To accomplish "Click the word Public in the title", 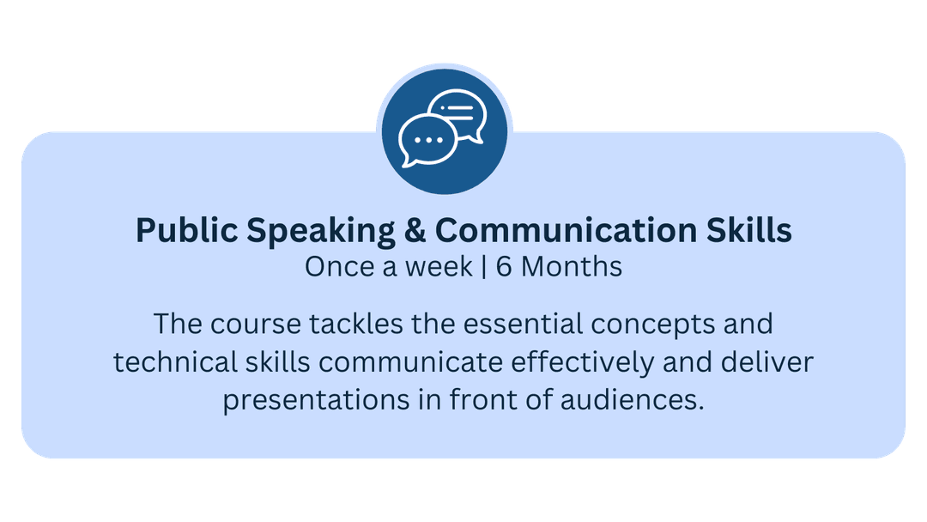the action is [x=187, y=229].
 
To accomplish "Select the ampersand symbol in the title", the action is [x=415, y=230].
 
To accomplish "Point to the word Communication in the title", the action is [x=566, y=230].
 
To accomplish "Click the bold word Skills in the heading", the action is [x=749, y=229].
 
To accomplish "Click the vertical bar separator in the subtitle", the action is [x=484, y=267].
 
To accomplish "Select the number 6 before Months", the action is [x=504, y=267].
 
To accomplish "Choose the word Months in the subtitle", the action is [x=572, y=267].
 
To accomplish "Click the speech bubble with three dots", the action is [x=427, y=142].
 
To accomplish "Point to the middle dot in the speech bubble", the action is [x=428, y=140].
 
